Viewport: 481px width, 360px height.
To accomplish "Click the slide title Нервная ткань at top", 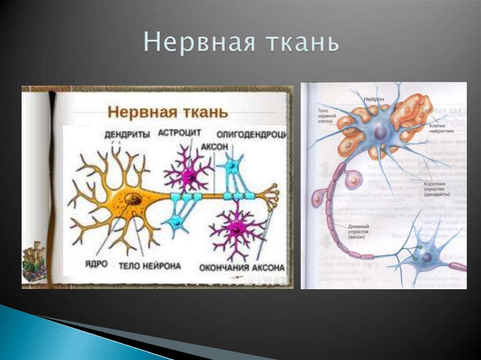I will [241, 44].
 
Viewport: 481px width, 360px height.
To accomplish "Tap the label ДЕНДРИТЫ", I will [127, 135].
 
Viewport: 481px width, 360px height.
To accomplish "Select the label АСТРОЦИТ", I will [179, 133].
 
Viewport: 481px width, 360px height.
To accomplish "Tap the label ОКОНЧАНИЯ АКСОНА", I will [242, 268].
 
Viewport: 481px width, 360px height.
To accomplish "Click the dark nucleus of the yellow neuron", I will [133, 199].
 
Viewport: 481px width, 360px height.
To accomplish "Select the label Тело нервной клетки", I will [326, 114].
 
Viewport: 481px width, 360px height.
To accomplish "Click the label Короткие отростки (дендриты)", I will [436, 188].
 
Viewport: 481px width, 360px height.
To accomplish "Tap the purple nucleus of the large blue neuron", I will [379, 133].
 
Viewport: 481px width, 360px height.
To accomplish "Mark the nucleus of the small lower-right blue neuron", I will [427, 256].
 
